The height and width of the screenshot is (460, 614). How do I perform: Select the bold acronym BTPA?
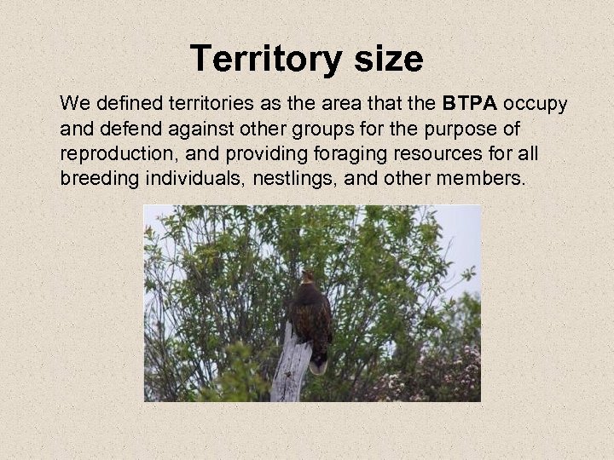[x=471, y=105]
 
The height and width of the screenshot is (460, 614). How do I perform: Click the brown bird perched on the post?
[x=310, y=319]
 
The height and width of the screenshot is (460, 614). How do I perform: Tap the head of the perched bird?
[x=307, y=279]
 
